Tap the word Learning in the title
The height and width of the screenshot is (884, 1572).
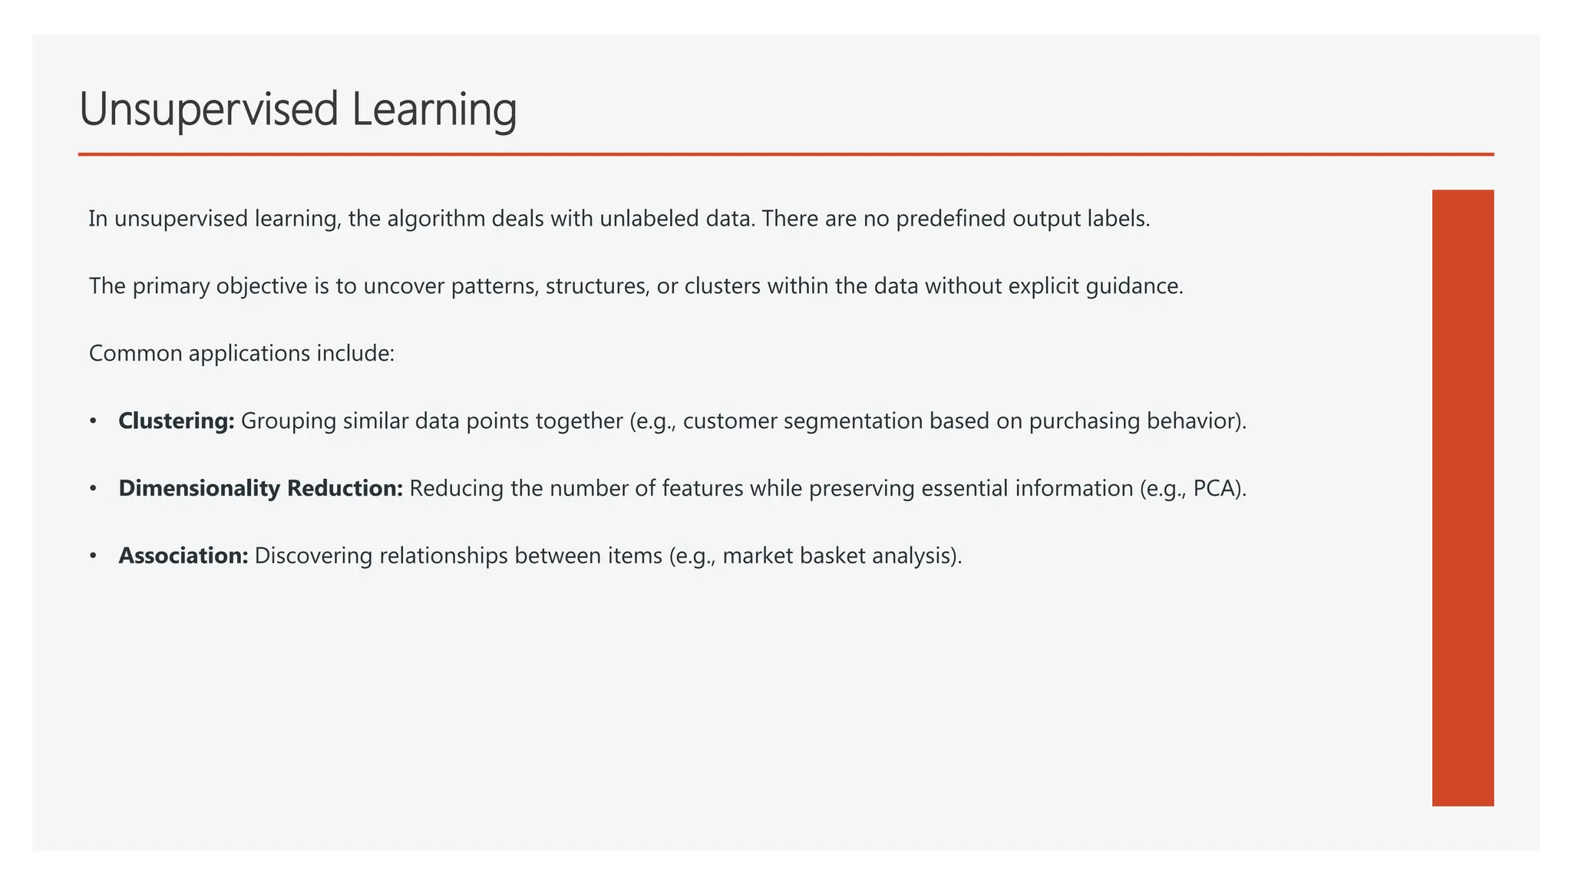click(x=434, y=110)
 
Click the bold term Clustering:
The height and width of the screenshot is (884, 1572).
click(x=176, y=421)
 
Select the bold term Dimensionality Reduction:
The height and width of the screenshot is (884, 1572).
click(x=260, y=489)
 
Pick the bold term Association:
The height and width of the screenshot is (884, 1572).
click(x=183, y=556)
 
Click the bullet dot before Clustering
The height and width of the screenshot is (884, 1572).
click(x=93, y=421)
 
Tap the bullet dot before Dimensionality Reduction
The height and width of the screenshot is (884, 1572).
click(x=93, y=489)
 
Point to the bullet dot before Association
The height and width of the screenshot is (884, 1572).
click(x=93, y=556)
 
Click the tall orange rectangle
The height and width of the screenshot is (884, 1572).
click(x=1462, y=497)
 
